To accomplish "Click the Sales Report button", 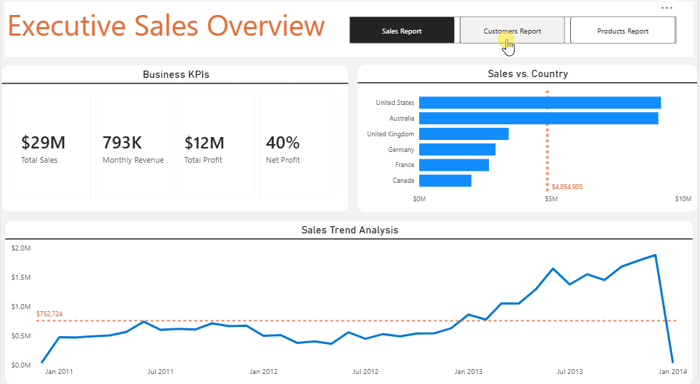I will point(401,31).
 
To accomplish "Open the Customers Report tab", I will point(512,31).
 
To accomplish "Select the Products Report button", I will point(622,31).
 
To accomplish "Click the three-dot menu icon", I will point(666,8).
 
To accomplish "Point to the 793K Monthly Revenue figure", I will point(123,143).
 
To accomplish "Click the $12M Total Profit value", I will point(204,143).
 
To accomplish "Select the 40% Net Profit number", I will point(282,143).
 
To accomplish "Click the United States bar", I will point(540,103).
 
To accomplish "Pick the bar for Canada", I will point(445,181).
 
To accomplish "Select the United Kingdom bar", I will point(463,134).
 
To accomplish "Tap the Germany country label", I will point(401,150).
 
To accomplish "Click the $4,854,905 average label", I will point(567,187).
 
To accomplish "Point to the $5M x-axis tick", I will point(551,199).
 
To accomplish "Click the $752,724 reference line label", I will point(49,314).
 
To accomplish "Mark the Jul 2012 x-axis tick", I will point(366,371).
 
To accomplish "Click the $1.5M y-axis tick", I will point(21,278).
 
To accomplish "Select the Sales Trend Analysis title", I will point(349,230).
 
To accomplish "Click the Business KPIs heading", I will point(175,74).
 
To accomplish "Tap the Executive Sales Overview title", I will point(166,26).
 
